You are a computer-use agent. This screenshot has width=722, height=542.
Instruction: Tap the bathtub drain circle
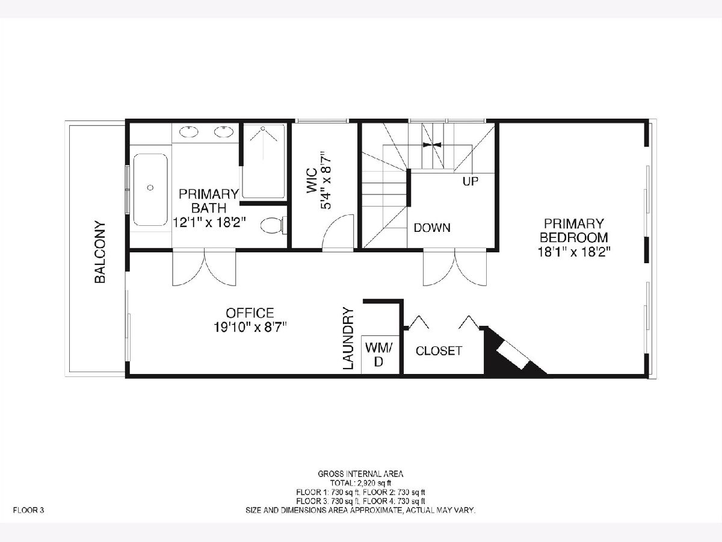150,187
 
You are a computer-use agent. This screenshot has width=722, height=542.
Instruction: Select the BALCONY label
100,252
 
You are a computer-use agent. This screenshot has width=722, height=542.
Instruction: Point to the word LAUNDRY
348,338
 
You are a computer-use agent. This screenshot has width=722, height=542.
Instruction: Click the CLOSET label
439,351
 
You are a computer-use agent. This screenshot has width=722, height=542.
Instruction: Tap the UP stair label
471,181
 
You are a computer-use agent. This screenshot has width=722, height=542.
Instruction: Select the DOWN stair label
432,228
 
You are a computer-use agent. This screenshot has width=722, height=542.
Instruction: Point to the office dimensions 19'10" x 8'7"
250,328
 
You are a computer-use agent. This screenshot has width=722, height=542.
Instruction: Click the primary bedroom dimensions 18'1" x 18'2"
574,252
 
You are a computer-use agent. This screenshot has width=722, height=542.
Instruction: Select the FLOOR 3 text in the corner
28,511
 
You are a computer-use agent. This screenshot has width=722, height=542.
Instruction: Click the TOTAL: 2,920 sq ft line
360,492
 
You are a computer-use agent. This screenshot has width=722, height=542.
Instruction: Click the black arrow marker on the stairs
432,145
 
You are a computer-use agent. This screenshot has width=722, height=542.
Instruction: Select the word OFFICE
250,313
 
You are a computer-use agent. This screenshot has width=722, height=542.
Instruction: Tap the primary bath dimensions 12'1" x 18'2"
209,223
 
